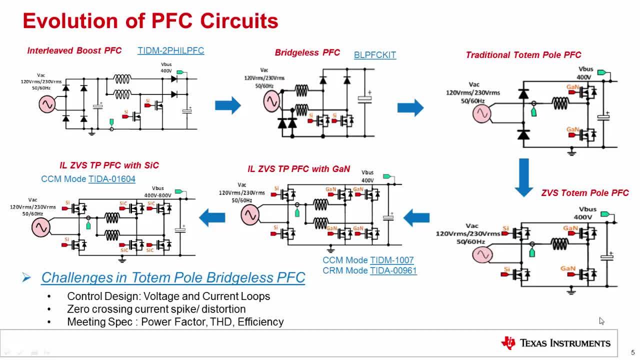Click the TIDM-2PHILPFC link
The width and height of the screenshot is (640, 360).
point(170,50)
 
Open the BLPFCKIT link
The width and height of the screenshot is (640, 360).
point(375,55)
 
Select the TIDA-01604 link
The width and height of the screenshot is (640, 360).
point(112,179)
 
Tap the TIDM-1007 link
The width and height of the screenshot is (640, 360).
point(392,260)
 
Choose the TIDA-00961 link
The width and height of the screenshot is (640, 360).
point(393,270)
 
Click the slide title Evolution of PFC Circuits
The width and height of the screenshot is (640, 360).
point(150,21)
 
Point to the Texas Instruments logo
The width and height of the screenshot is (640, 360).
point(556,343)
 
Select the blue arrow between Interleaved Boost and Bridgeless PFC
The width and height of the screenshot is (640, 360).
point(227,105)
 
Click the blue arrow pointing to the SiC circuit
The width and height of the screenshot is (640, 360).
point(212,217)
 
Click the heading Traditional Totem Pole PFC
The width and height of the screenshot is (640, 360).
point(523,55)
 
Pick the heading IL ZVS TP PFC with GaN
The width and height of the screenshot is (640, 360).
point(299,169)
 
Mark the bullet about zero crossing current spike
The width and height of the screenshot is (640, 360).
point(156,309)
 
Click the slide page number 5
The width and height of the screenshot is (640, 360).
point(632,352)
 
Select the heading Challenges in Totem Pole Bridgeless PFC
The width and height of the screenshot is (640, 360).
point(173,277)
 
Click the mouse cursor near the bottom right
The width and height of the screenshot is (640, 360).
point(601,321)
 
